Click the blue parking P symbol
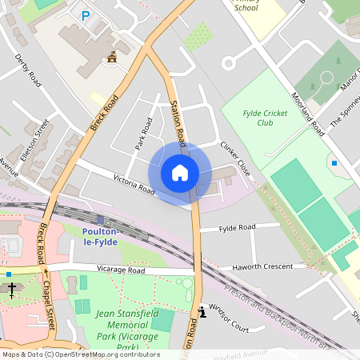click(86, 15)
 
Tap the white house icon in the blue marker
click(180, 173)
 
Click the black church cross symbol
click(12, 289)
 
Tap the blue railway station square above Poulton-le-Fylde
click(99, 219)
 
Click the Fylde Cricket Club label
click(264, 118)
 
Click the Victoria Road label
click(134, 185)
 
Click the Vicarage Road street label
click(120, 270)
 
